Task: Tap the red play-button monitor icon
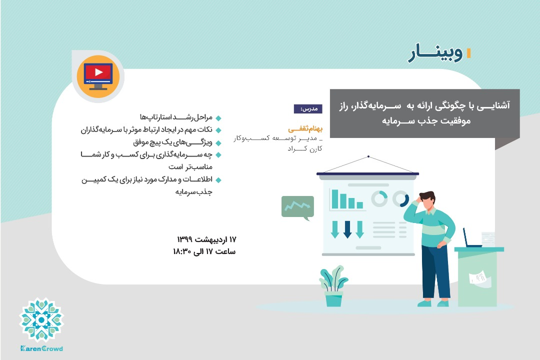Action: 98,76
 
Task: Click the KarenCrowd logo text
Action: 41,348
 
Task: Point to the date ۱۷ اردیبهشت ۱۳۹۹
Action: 206,238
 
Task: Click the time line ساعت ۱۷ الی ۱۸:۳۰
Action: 204,251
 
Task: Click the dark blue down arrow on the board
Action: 347,229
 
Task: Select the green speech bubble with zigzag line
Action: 297,207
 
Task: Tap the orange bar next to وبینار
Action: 468,53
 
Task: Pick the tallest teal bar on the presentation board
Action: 335,198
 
